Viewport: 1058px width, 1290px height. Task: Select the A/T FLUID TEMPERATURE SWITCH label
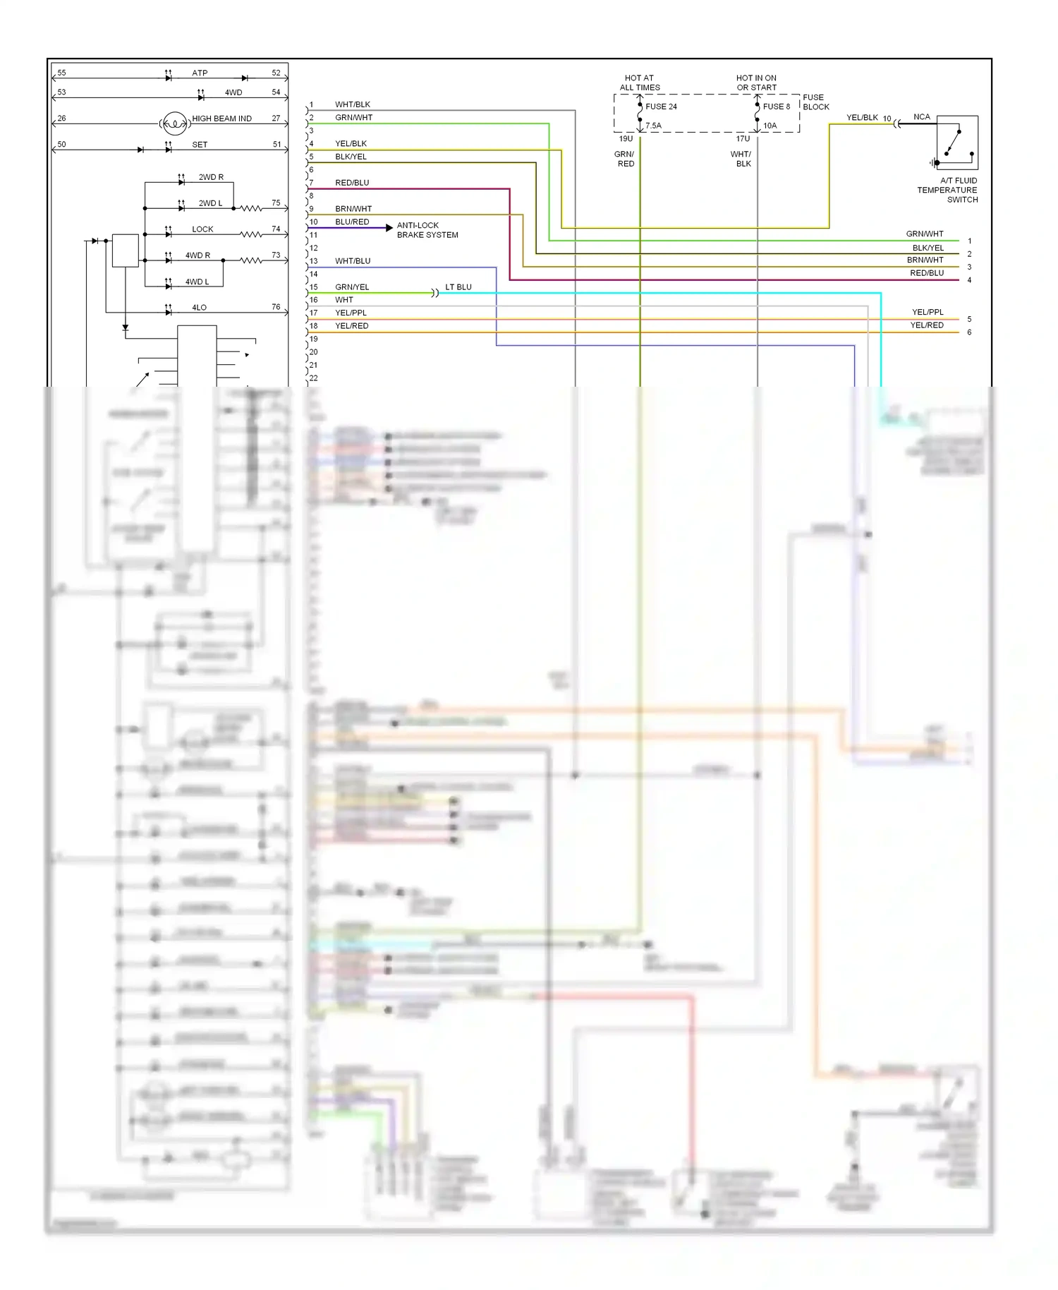(x=947, y=190)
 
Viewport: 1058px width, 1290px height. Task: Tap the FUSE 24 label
(x=661, y=107)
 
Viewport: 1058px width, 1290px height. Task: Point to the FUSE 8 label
(x=776, y=107)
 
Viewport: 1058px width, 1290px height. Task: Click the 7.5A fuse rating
(x=654, y=126)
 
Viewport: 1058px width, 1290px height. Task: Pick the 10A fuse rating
(x=770, y=126)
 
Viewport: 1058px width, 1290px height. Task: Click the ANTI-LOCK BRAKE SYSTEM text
(x=427, y=230)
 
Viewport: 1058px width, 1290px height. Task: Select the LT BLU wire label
(x=458, y=287)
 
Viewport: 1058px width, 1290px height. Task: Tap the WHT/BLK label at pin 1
(x=352, y=104)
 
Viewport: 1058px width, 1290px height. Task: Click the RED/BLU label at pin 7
(x=351, y=183)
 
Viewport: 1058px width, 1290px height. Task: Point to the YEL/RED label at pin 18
(x=351, y=326)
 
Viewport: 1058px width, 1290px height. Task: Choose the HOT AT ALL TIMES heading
(x=640, y=83)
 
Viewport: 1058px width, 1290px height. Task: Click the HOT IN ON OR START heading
(x=756, y=83)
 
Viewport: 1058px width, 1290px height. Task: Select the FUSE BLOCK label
(x=815, y=102)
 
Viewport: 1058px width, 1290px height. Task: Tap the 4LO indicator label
(x=199, y=308)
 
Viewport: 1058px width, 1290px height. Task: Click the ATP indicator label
(x=200, y=73)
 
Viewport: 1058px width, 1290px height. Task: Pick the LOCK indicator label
(x=202, y=229)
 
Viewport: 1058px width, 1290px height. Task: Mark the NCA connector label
(x=921, y=117)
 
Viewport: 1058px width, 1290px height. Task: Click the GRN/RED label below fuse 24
(x=625, y=159)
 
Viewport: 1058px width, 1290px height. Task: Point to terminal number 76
(x=276, y=307)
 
